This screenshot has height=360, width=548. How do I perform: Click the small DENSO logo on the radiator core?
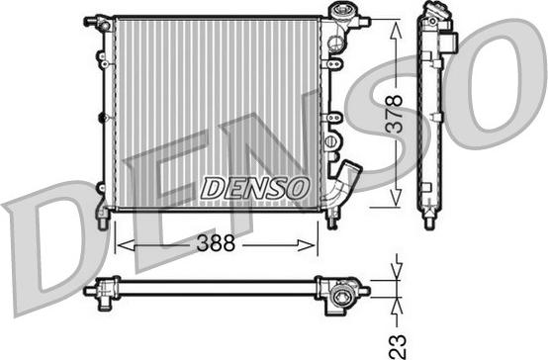pos(255,186)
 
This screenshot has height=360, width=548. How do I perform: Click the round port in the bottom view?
pos(342,294)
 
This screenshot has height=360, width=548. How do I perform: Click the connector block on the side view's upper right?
pos(450,44)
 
